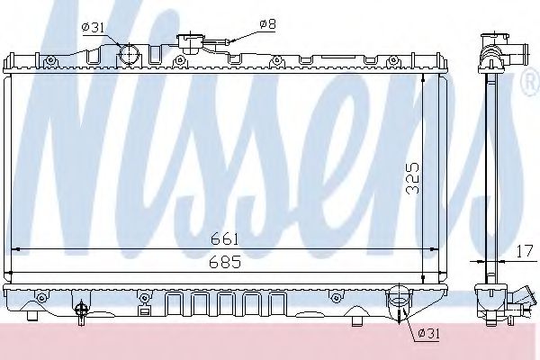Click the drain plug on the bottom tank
click(x=83, y=310)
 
